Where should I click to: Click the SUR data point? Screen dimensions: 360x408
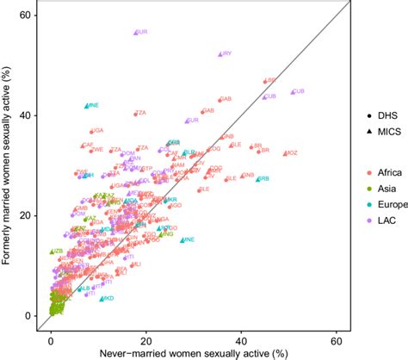click(x=136, y=33)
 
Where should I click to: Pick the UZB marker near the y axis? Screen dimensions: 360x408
click(x=52, y=251)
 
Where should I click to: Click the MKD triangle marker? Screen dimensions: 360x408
click(x=102, y=299)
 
